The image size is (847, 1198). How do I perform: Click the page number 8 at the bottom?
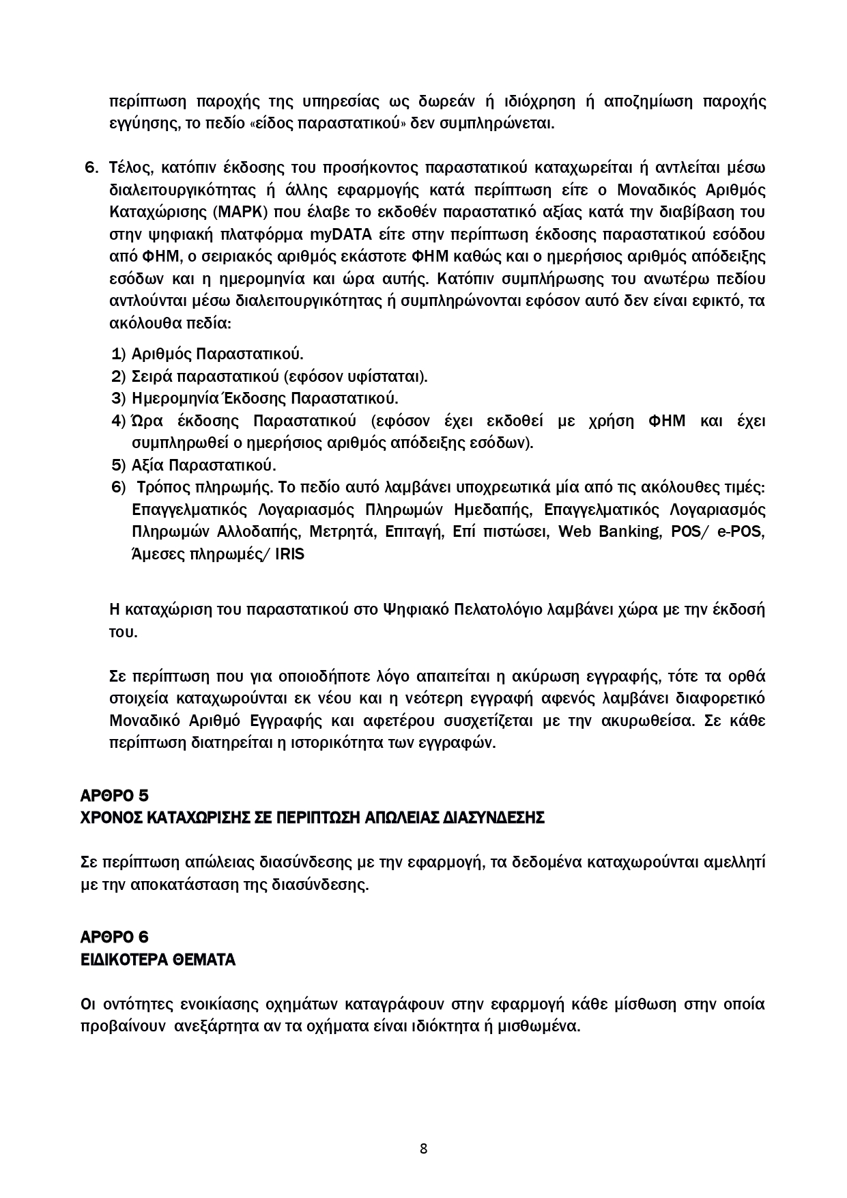coord(423,1148)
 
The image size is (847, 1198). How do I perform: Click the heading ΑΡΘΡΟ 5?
coord(114,796)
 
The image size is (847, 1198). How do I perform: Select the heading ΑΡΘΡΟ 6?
coord(114,937)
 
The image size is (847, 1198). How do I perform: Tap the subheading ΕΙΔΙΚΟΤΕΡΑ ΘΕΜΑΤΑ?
coord(158,960)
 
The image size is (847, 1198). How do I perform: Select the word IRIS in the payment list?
coord(290,554)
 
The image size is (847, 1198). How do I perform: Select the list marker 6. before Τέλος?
coord(91,167)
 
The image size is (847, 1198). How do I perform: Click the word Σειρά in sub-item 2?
coord(152,376)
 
